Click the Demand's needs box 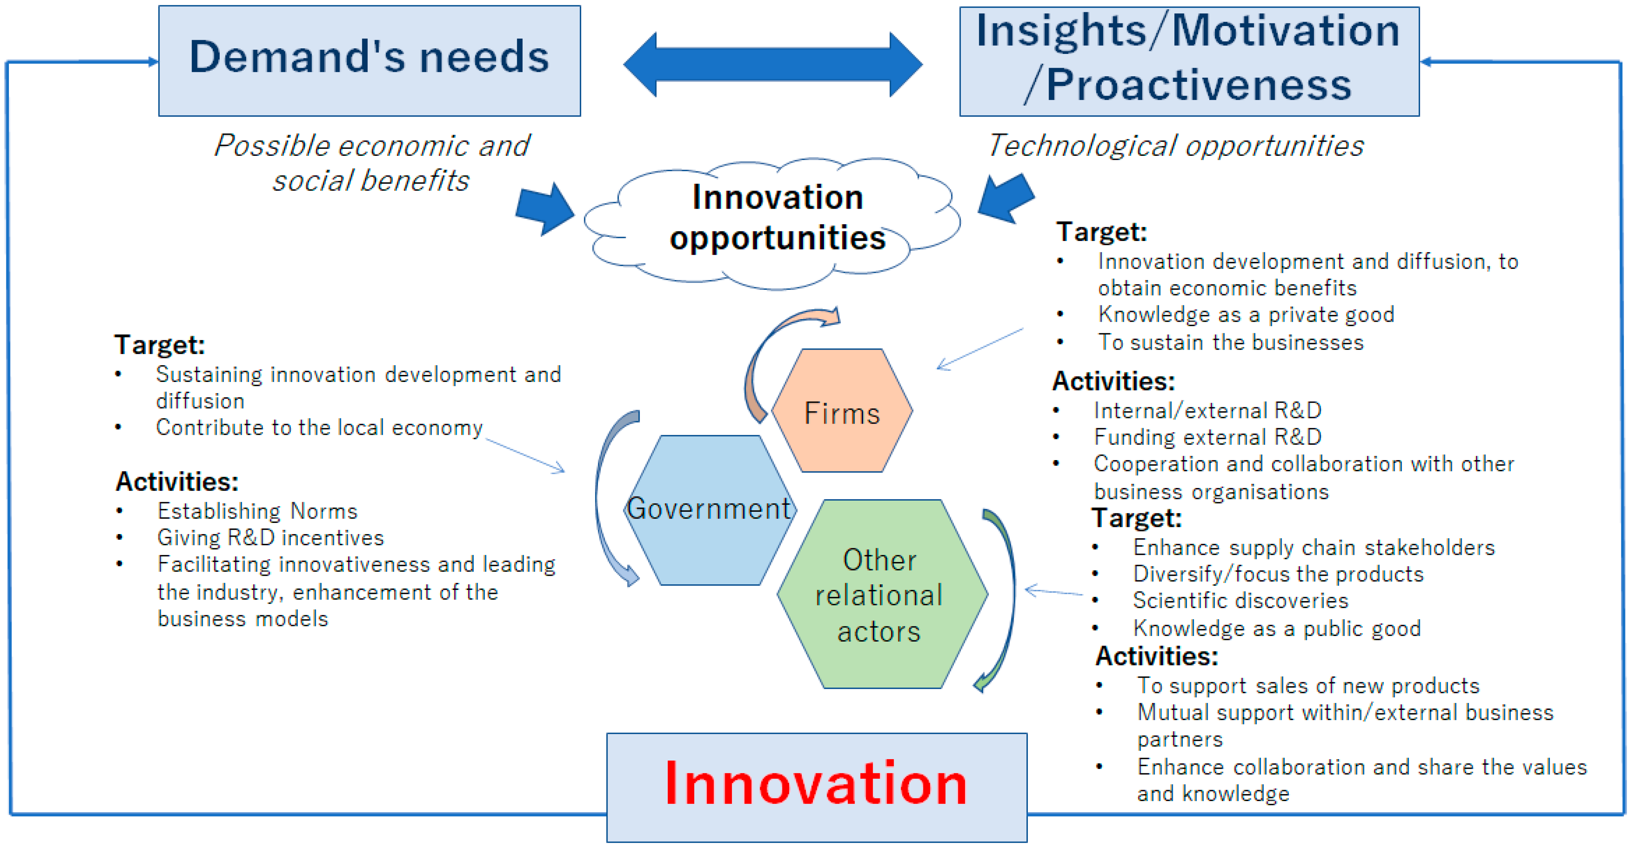point(369,61)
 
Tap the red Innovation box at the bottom point(817,787)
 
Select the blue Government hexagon point(710,510)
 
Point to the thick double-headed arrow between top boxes point(772,64)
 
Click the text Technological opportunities point(1176,146)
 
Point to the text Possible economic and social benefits point(371,163)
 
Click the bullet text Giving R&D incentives point(270,538)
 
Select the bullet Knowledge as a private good point(1246,314)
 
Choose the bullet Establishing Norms point(257,511)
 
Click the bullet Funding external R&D point(1207,437)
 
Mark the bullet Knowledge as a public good point(1277,628)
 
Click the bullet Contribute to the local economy point(319,427)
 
